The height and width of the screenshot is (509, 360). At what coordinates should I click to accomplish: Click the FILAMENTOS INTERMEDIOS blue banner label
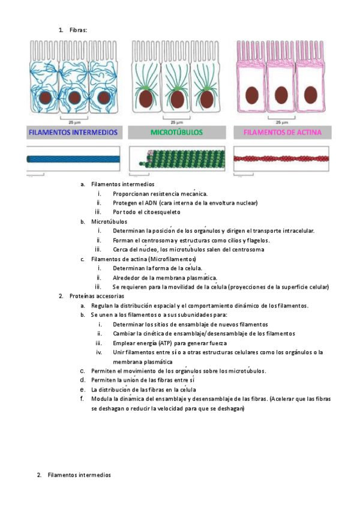[74, 133]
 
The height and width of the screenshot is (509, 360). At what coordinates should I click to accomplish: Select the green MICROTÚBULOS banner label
[176, 133]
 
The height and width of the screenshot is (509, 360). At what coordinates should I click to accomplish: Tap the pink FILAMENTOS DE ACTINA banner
[282, 133]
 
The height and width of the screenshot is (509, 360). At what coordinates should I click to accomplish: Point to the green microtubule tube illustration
[181, 160]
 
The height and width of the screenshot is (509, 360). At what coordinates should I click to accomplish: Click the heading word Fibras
[78, 29]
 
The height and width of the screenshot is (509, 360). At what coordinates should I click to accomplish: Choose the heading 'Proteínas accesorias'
[97, 296]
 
